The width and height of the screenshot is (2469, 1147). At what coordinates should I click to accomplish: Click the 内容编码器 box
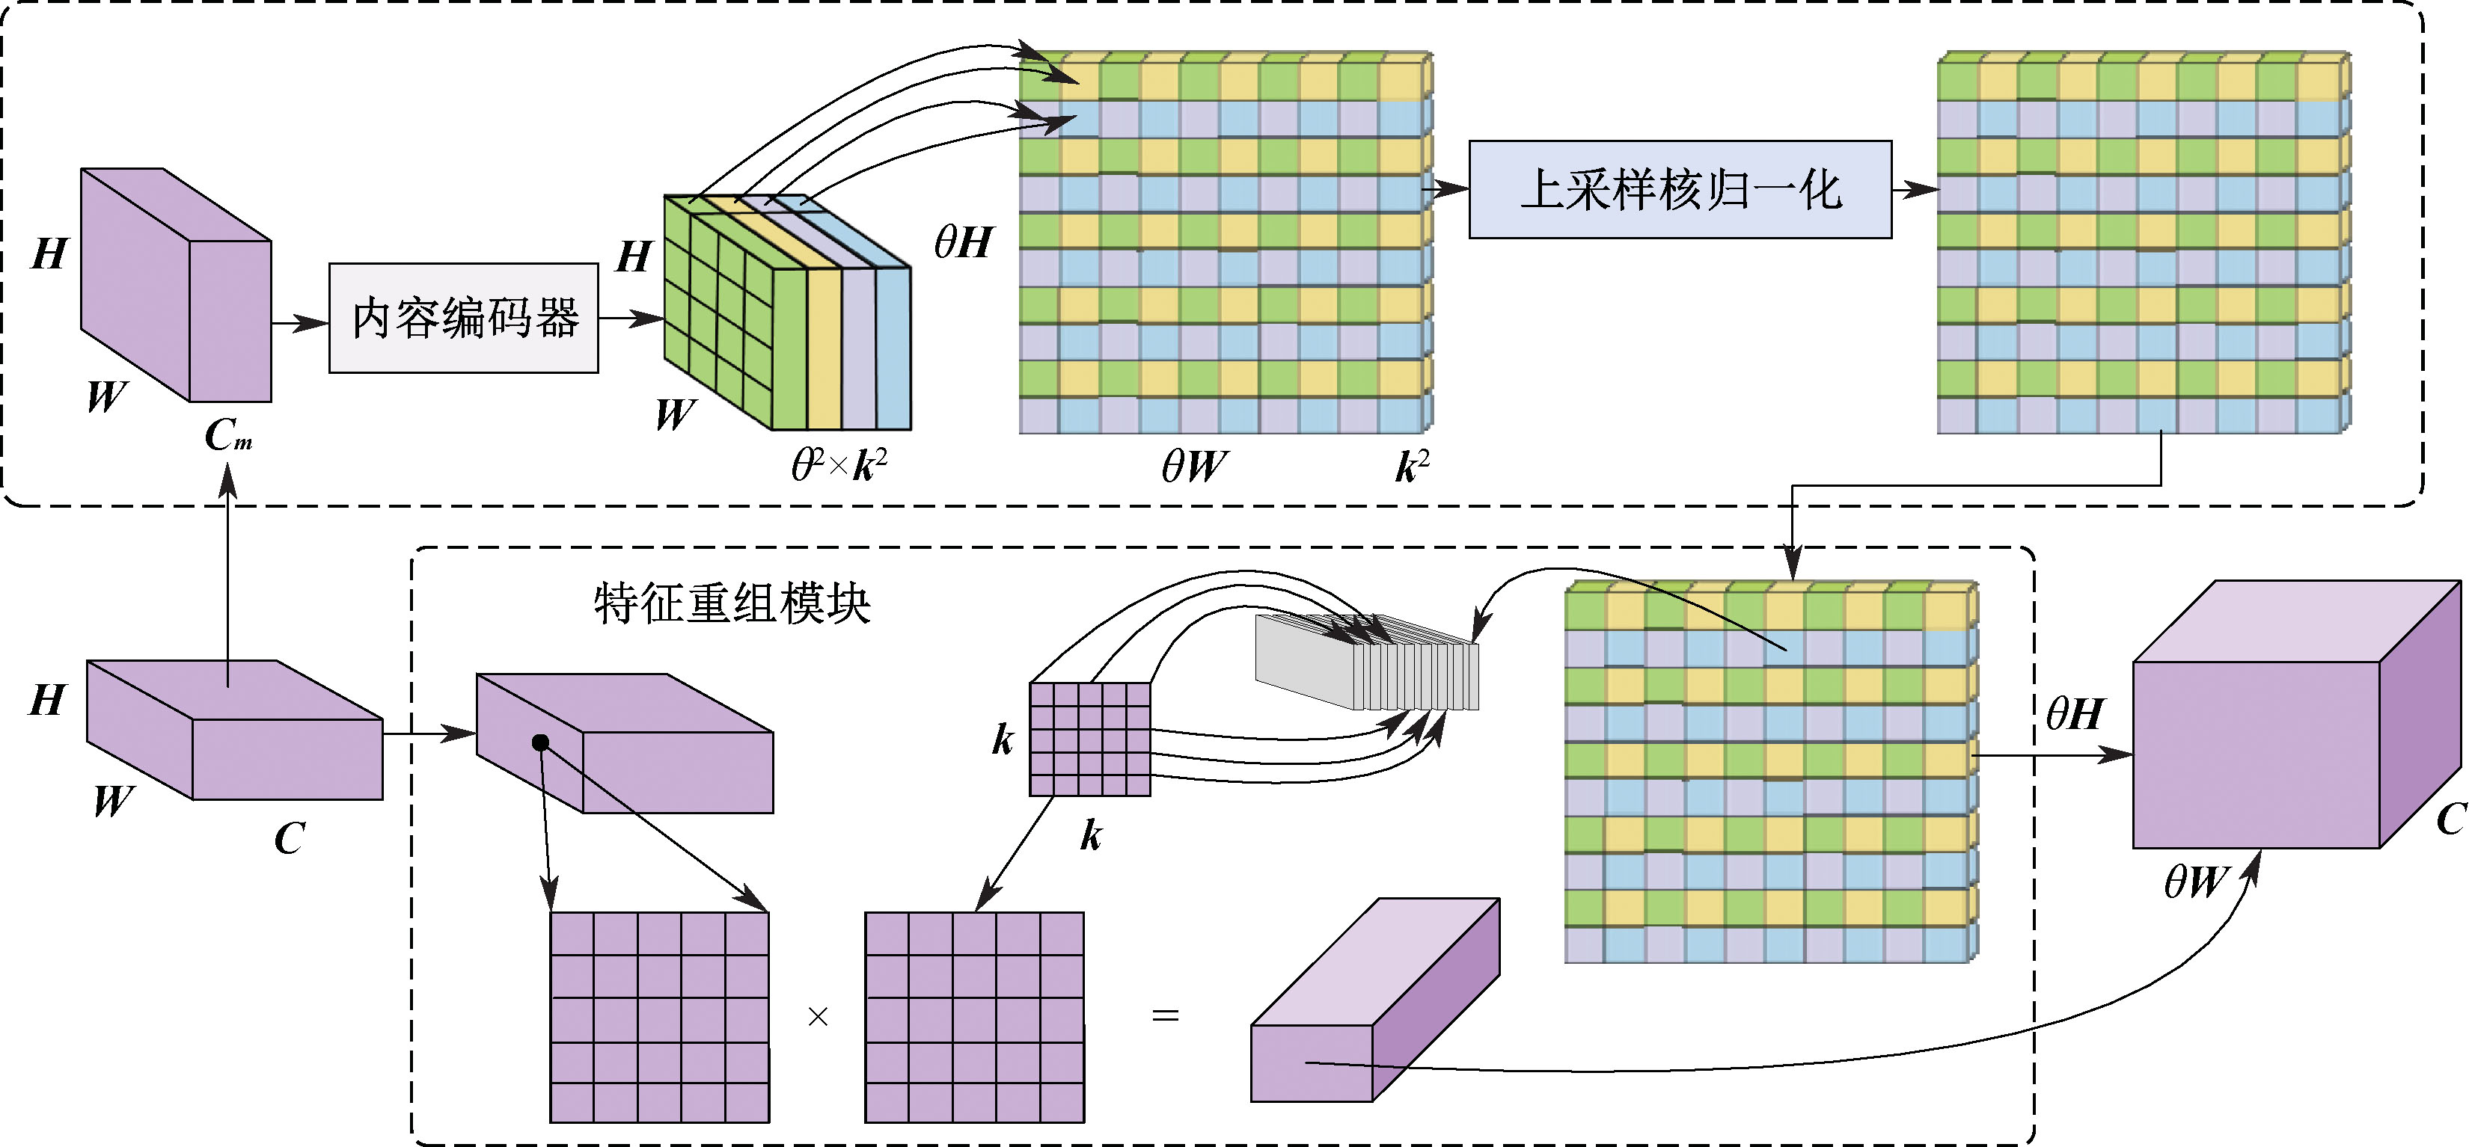pyautogui.click(x=464, y=318)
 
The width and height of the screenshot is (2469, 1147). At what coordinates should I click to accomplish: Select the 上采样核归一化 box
pyautogui.click(x=1680, y=190)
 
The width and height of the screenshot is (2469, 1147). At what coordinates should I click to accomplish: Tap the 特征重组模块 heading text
pyautogui.click(x=731, y=603)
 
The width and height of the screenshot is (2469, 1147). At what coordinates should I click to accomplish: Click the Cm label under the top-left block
pyautogui.click(x=228, y=436)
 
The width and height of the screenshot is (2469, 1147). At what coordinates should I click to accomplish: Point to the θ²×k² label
pyautogui.click(x=839, y=466)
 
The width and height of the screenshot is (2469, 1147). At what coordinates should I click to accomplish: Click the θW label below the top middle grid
pyautogui.click(x=1193, y=467)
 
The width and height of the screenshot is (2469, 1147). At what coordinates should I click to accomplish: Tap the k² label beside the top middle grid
pyautogui.click(x=1412, y=467)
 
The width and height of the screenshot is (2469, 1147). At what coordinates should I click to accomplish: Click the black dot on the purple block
pyautogui.click(x=541, y=742)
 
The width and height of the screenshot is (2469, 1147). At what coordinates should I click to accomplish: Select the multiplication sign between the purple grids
pyautogui.click(x=818, y=1017)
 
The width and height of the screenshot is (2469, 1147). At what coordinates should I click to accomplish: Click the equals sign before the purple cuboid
pyautogui.click(x=1164, y=1015)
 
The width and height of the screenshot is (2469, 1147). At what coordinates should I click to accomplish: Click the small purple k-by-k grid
pyautogui.click(x=1090, y=739)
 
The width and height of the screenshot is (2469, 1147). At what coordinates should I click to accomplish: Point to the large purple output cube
pyautogui.click(x=2281, y=738)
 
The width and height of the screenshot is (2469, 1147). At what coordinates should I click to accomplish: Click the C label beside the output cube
pyautogui.click(x=2450, y=819)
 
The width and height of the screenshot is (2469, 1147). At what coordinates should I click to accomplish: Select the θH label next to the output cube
pyautogui.click(x=2074, y=714)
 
